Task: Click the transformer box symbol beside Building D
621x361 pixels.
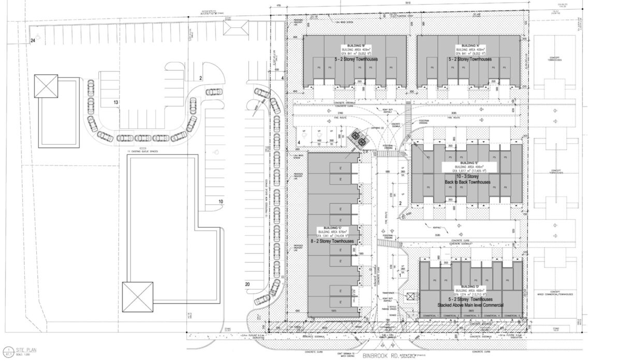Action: [411, 296]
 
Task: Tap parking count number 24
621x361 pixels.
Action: [33, 40]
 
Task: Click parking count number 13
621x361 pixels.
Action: [116, 102]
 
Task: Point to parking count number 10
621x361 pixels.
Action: [220, 201]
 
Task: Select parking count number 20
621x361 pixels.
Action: [247, 284]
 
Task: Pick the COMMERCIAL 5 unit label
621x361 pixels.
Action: [511, 315]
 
